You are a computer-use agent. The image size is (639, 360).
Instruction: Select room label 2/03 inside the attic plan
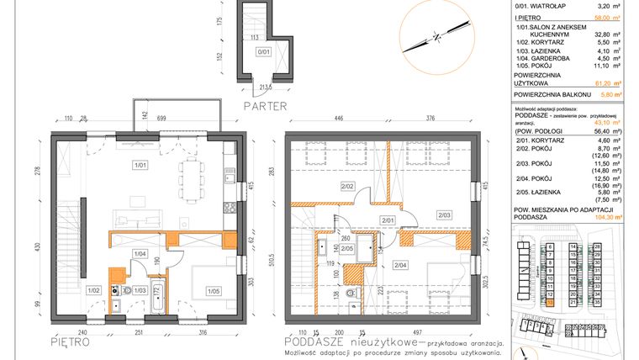[x=444, y=215]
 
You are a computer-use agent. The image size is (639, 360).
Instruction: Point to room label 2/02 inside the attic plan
[x=347, y=185]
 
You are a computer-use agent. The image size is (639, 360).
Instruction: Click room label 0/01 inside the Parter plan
[x=263, y=51]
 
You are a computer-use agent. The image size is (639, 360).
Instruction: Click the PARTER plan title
[x=265, y=106]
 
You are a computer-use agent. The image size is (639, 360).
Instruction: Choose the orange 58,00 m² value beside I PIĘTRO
[x=599, y=16]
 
